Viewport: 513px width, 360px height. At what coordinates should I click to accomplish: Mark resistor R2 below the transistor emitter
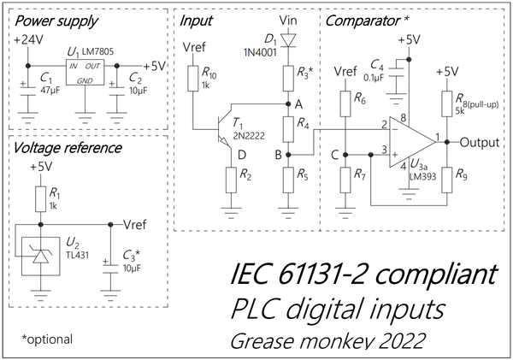pyautogui.click(x=230, y=180)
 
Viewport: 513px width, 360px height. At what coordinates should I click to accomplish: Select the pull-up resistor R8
pyautogui.click(x=445, y=105)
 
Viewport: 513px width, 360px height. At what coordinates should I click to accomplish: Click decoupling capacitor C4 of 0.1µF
pyautogui.click(x=395, y=81)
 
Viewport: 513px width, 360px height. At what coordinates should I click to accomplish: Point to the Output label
pyautogui.click(x=485, y=142)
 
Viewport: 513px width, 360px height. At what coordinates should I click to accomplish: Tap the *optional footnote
pyautogui.click(x=47, y=339)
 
